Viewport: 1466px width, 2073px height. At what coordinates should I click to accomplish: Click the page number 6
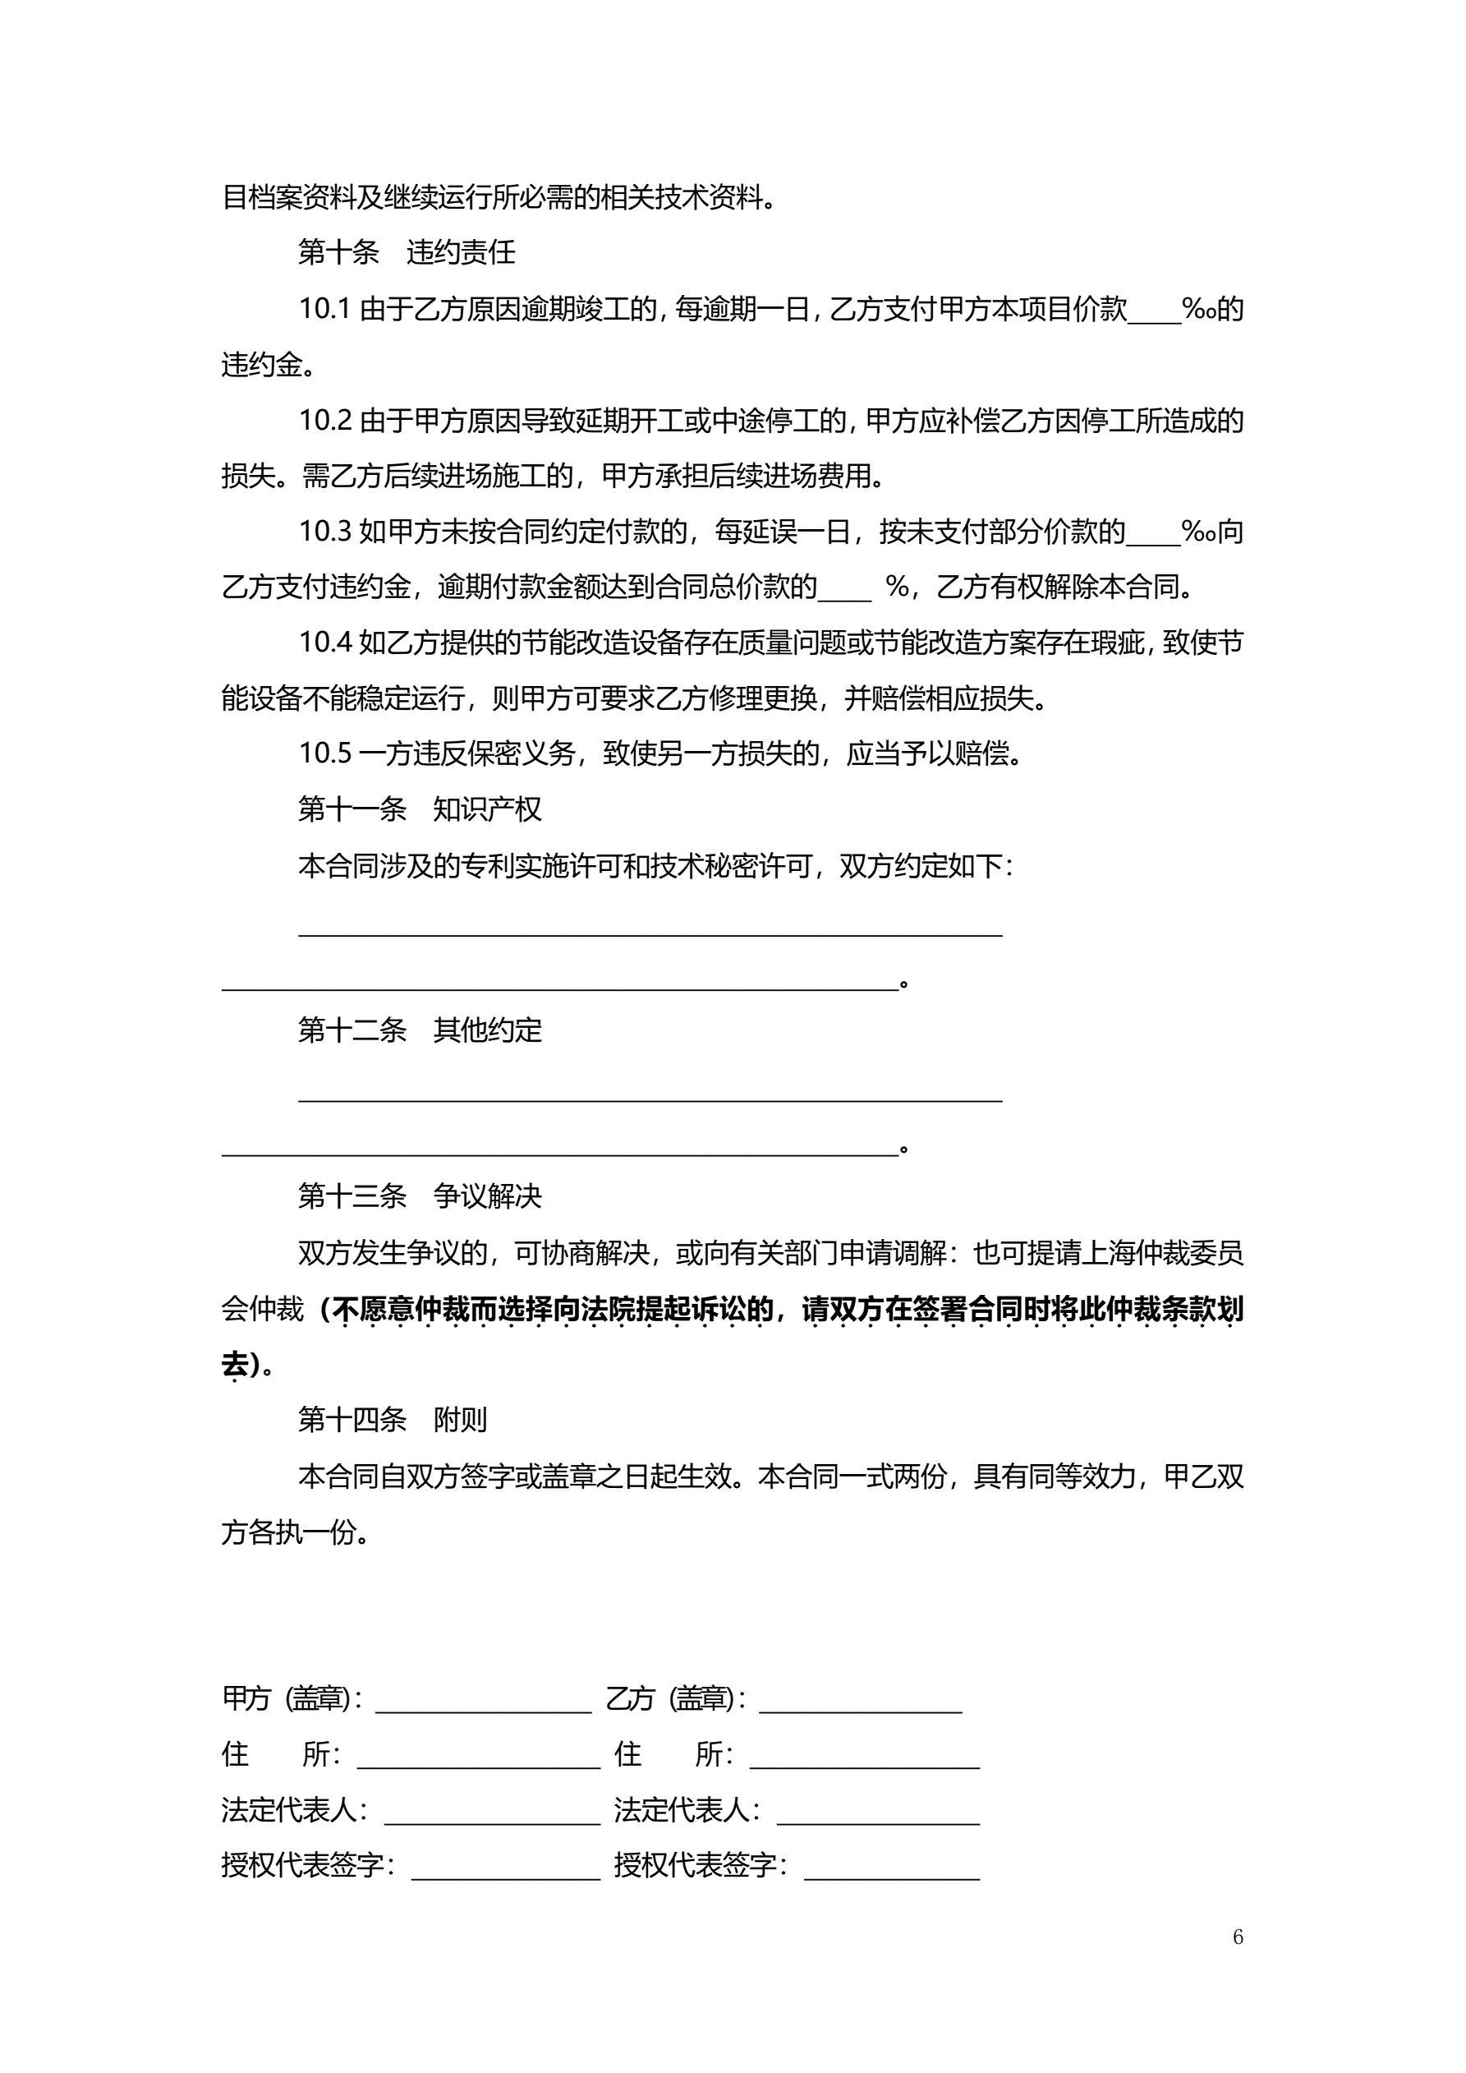click(x=1238, y=1936)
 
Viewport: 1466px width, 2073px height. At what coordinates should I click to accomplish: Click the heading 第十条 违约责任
click(x=407, y=253)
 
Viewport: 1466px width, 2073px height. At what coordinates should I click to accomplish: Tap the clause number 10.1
click(x=324, y=310)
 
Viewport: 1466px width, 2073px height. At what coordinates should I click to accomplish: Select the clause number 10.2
click(x=324, y=421)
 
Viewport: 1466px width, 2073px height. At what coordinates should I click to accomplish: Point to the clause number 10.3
click(x=324, y=532)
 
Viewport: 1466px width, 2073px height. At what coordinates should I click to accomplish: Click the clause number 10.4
click(x=324, y=643)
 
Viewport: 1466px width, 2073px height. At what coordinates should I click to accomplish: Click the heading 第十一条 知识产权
click(x=420, y=809)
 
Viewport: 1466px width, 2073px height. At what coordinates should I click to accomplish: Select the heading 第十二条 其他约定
click(x=420, y=1030)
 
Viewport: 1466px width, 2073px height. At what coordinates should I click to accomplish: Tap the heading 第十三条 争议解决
click(x=420, y=1196)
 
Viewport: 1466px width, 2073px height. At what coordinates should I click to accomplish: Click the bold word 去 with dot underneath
click(x=235, y=1364)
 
